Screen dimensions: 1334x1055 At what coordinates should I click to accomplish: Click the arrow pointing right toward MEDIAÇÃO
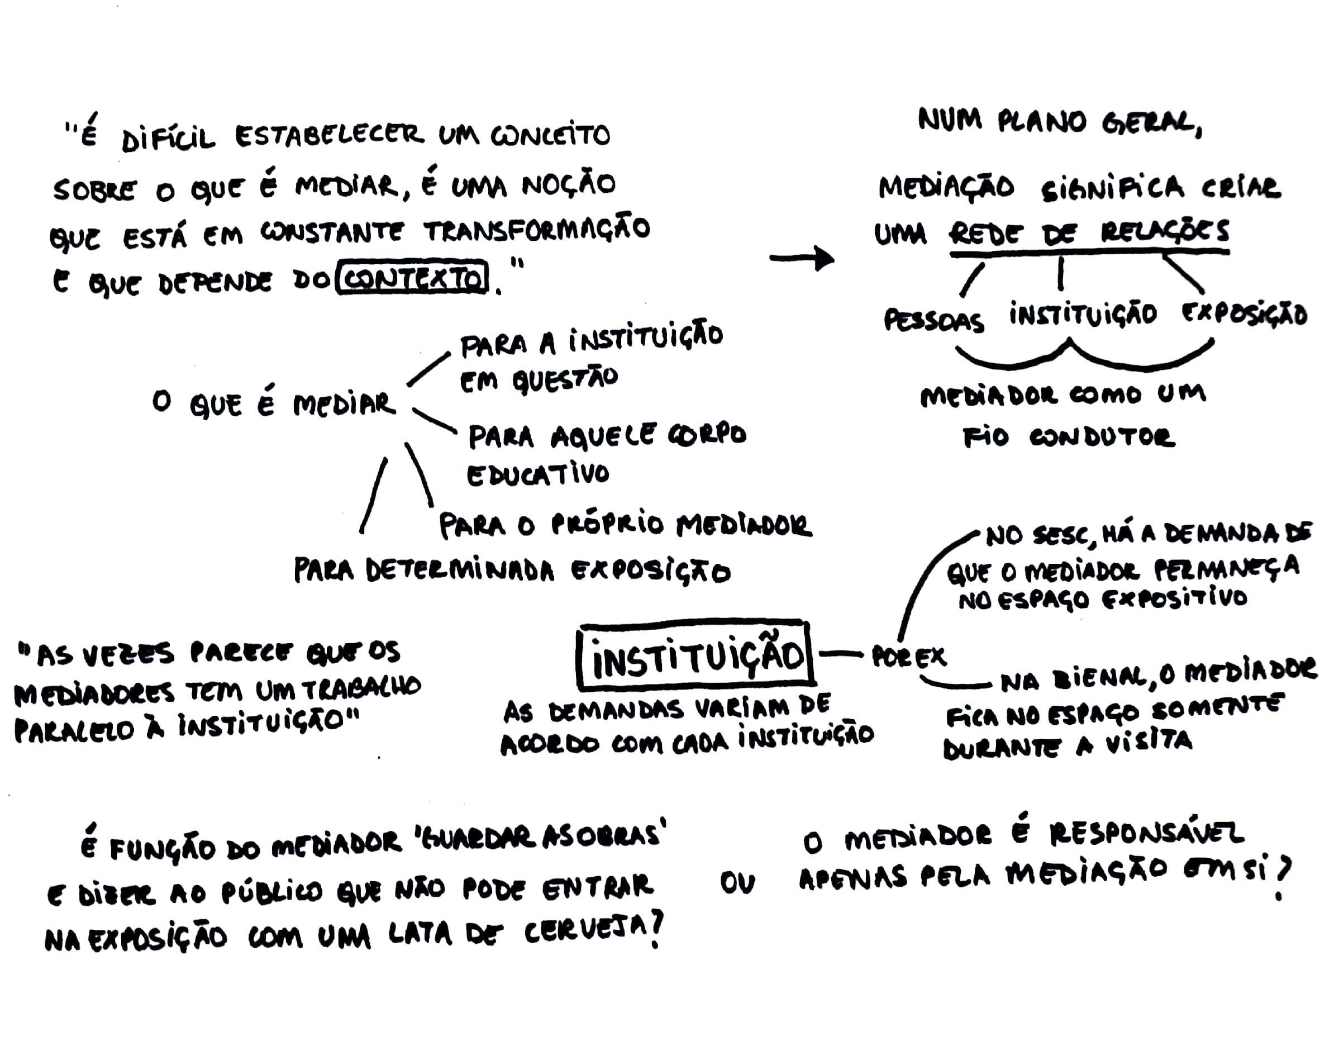[x=802, y=258]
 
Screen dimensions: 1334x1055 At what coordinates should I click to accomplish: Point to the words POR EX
[x=908, y=657]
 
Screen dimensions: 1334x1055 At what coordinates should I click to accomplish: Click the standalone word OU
[x=737, y=884]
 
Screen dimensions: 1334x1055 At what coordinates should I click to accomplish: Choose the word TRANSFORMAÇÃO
[x=537, y=230]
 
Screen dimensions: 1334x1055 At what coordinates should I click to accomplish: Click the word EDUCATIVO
[x=537, y=474]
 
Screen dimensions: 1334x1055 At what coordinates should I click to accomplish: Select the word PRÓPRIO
[x=607, y=525]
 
